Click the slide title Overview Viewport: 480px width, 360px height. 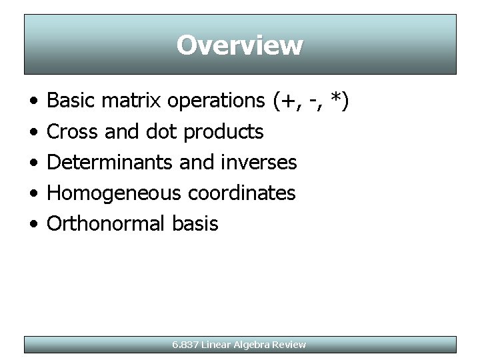click(240, 45)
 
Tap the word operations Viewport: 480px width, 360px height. click(216, 101)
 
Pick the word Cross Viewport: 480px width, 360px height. click(74, 132)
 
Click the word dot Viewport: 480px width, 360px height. click(162, 132)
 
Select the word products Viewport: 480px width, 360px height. click(223, 133)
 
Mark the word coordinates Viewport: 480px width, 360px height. click(241, 193)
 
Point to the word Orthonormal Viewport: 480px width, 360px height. click(105, 223)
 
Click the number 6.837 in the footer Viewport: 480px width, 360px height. click(185, 345)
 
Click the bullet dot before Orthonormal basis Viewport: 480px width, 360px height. click(33, 224)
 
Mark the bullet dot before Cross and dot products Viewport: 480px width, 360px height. click(33, 133)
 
